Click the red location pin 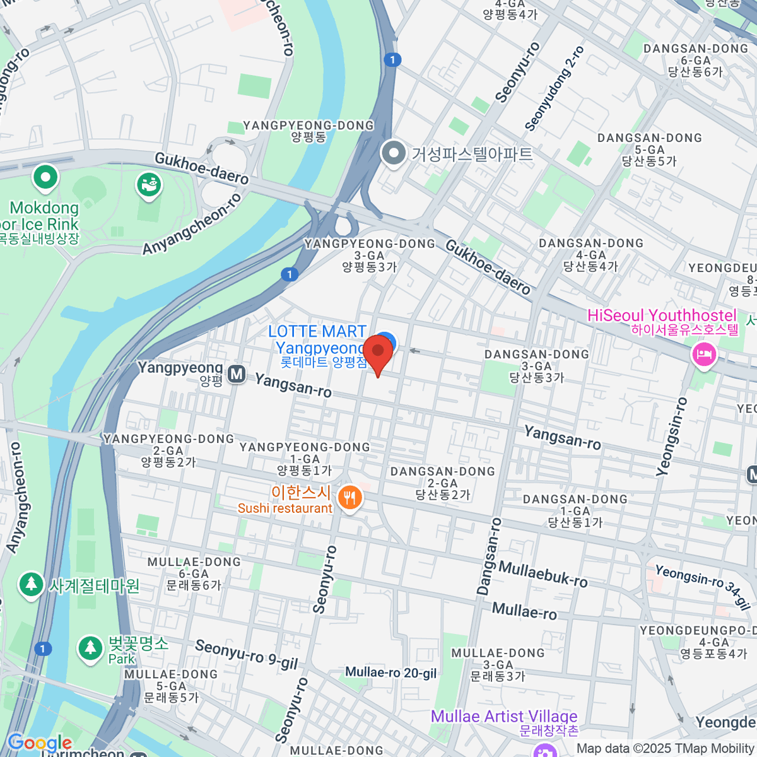[x=378, y=351]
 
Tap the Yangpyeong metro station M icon [x=237, y=374]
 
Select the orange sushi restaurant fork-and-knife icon [x=349, y=498]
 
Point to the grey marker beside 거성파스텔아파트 [x=394, y=153]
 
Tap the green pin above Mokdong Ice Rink [x=45, y=178]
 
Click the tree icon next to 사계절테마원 [x=30, y=585]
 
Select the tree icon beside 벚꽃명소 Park [x=90, y=648]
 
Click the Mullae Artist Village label [x=504, y=717]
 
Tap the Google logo [x=39, y=742]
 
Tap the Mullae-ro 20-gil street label [x=391, y=673]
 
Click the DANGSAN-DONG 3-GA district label [x=536, y=366]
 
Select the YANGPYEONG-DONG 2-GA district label [x=168, y=450]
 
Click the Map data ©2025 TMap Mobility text [x=666, y=749]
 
